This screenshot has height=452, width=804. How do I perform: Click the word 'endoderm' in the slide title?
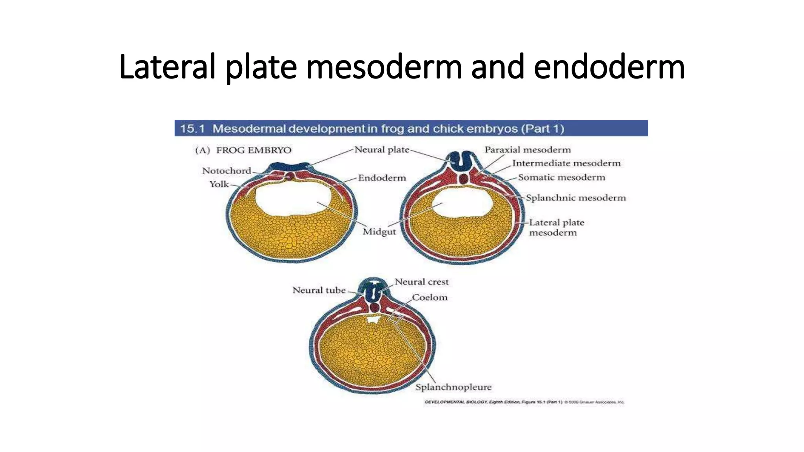[609, 67]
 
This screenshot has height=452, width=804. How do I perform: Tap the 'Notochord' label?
[227, 171]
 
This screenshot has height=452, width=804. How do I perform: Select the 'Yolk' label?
[219, 184]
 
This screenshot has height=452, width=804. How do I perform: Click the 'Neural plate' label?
[382, 149]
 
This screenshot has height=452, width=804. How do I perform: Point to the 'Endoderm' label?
[382, 178]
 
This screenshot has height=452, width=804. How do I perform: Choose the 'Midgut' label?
[379, 231]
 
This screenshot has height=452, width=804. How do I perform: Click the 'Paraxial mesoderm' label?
[527, 149]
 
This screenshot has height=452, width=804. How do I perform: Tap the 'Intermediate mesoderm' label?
[566, 163]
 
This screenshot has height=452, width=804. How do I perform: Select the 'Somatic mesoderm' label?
[561, 177]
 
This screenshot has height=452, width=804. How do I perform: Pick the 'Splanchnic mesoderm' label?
[576, 197]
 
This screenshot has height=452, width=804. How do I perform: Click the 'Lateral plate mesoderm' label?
[556, 228]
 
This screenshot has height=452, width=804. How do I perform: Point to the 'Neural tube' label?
[319, 290]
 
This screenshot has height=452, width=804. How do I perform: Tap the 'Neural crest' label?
[421, 282]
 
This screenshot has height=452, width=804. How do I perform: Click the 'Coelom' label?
[429, 297]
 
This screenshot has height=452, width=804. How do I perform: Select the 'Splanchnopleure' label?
[453, 387]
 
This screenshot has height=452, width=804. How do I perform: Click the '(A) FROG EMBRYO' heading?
[243, 150]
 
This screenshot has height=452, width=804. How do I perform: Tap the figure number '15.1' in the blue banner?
[192, 129]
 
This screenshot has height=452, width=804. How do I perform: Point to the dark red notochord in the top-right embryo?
[464, 179]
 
